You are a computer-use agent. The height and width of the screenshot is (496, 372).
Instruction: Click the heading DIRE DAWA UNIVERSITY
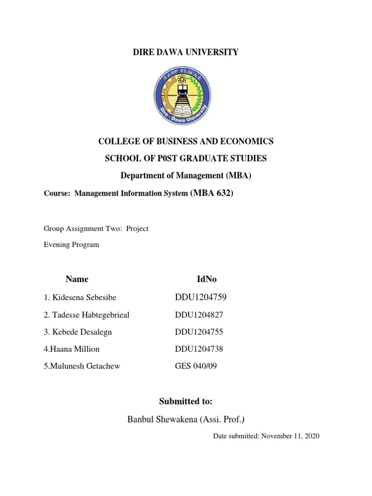[186, 52]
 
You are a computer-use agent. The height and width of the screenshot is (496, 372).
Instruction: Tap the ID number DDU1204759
[201, 297]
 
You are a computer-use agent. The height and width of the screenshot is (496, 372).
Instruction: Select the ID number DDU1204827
[199, 315]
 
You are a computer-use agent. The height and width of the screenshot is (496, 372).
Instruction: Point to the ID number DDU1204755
[199, 332]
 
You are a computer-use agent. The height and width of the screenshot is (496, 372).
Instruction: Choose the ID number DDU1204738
[199, 349]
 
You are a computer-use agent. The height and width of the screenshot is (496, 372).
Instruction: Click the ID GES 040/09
[196, 366]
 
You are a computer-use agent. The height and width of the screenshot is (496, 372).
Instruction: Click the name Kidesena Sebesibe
[80, 297]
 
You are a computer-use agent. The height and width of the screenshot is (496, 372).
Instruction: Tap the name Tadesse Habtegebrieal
[87, 315]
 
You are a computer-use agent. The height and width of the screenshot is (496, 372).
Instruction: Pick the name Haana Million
[71, 349]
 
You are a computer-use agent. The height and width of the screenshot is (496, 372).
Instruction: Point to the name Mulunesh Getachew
[82, 366]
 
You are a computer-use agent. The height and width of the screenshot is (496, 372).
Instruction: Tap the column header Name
[77, 279]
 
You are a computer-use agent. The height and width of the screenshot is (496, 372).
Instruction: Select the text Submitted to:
[186, 402]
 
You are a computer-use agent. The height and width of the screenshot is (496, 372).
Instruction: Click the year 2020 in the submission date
[311, 436]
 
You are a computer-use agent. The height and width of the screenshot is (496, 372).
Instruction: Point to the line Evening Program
[71, 245]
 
